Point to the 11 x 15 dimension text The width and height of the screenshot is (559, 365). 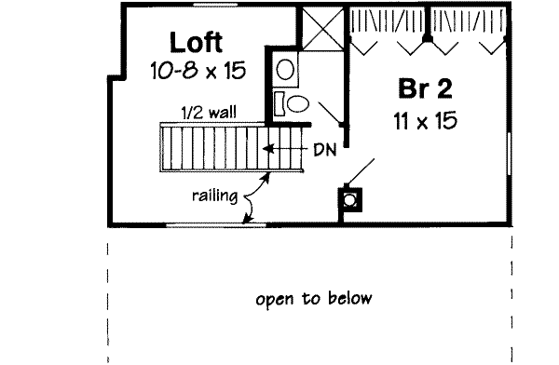click(425, 121)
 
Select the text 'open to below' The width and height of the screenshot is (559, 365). click(313, 299)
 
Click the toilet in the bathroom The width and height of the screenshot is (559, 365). click(296, 101)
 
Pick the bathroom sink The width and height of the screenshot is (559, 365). click(285, 68)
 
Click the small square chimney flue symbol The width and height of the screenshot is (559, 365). click(350, 198)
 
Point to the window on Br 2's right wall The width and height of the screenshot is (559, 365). click(510, 153)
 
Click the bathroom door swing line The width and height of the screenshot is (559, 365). click(327, 109)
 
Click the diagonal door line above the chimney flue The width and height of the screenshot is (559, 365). click(362, 171)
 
